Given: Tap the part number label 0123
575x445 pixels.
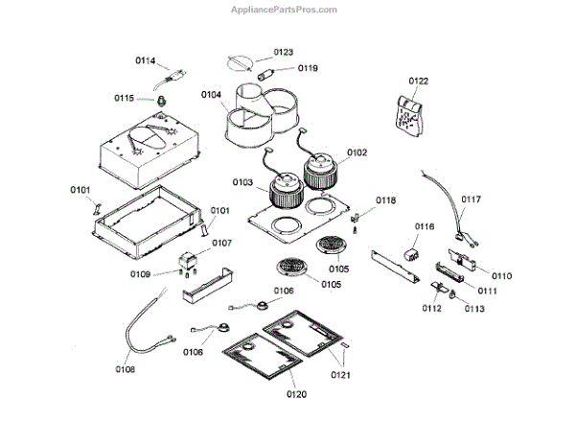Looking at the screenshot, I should [284, 52].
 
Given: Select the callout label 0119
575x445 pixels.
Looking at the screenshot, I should [308, 68].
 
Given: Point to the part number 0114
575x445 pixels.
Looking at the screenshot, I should [145, 60].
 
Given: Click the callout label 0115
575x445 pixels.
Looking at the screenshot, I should [126, 98].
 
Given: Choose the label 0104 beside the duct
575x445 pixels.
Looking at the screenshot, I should [212, 94].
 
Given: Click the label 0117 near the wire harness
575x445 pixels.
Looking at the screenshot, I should [471, 200].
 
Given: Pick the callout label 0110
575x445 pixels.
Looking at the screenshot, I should [502, 275].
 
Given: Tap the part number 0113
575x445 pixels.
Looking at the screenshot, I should [475, 309].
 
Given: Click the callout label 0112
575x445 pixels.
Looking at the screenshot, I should [432, 309].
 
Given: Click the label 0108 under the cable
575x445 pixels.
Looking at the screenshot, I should [126, 369].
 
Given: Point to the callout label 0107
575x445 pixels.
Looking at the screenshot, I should [222, 243].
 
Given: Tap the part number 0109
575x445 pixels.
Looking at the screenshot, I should [140, 274].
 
